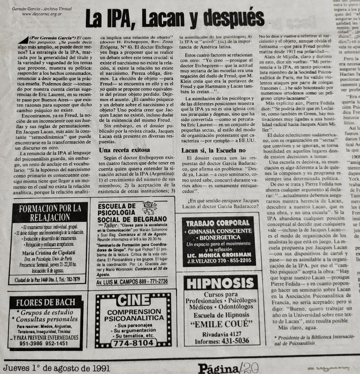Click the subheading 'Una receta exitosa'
(x=124, y=150)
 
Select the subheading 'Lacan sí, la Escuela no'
(x=214, y=150)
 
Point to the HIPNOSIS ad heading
(x=220, y=283)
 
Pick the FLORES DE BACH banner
(x=45, y=302)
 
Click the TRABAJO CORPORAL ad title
(x=218, y=223)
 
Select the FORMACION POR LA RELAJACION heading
(x=50, y=213)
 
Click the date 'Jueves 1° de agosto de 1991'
(x=57, y=368)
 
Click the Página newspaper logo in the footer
(x=218, y=368)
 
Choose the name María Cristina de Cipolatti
(x=49, y=253)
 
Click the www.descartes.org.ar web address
(x=42, y=14)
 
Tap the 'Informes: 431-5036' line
(x=222, y=341)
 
